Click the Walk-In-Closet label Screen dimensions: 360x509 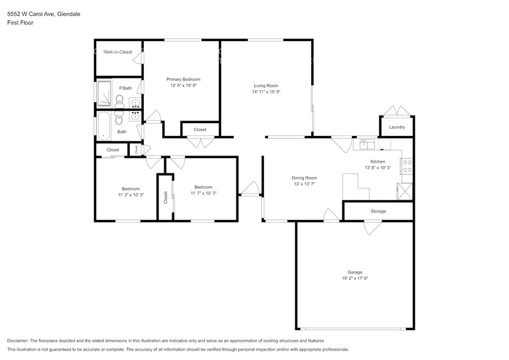coord(118,52)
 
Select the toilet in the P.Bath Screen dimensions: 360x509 coord(119,99)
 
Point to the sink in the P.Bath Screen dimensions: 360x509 coord(135,102)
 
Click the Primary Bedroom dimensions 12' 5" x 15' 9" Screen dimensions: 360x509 coord(183,86)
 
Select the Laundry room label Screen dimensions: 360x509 coord(396,127)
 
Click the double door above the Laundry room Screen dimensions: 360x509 coord(396,111)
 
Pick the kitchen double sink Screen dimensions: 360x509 coord(368,144)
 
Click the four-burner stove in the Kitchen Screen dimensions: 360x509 coord(406,165)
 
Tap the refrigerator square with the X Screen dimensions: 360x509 coord(405,192)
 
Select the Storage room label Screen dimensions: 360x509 coord(378,211)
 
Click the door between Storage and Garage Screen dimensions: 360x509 coord(372,227)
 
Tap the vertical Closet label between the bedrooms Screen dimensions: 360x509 coord(165,197)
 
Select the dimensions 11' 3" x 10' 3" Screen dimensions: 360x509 coord(130,195)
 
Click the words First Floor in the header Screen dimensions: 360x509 coord(21,23)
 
